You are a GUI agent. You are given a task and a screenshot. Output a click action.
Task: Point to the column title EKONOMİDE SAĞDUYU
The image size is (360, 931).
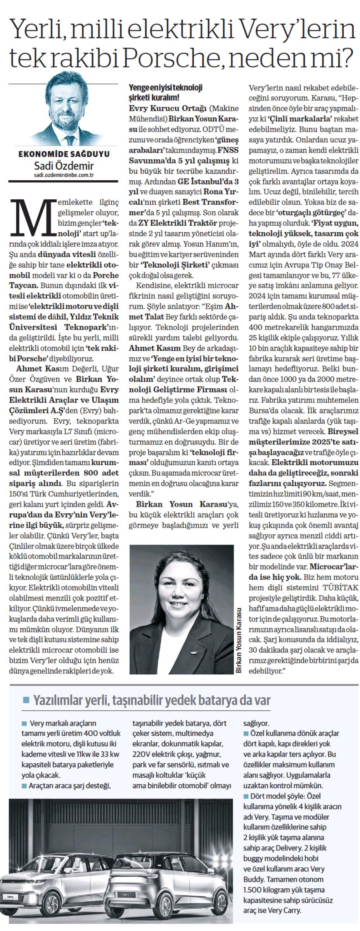pyautogui.click(x=64, y=154)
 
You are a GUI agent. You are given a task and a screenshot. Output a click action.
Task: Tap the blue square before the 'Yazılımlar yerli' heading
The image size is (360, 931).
pyautogui.click(x=26, y=699)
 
